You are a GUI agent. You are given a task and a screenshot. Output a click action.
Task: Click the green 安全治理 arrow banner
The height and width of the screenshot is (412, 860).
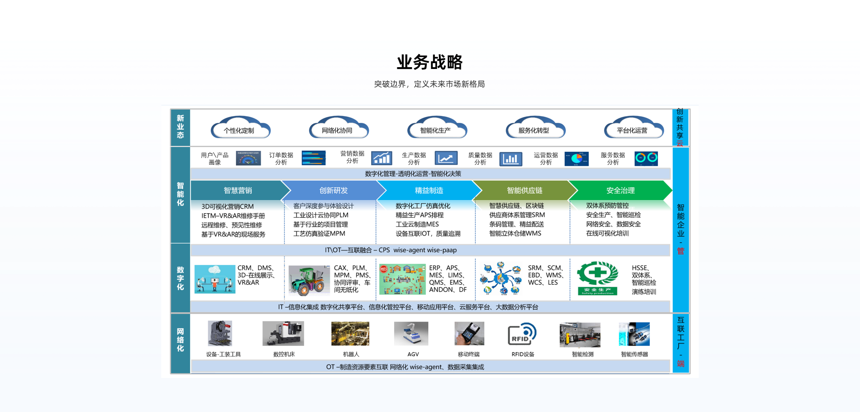(620, 190)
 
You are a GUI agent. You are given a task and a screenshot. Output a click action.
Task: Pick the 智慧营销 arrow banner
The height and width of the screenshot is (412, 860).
(238, 190)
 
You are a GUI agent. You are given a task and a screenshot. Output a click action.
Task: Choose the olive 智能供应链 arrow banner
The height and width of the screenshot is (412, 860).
(524, 190)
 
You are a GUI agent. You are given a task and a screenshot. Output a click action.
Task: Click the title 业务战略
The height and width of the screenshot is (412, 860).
(430, 62)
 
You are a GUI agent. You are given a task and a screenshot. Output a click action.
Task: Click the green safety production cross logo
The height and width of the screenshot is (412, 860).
(598, 278)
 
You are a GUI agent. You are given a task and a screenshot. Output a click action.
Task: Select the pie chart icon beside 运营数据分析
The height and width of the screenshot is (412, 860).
(576, 159)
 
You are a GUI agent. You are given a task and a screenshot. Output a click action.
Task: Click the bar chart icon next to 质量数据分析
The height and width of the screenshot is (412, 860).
(511, 159)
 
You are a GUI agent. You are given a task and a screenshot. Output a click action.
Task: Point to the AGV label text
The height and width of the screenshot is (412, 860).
(413, 354)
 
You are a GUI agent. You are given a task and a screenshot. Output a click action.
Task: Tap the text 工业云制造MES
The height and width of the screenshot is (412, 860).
(417, 224)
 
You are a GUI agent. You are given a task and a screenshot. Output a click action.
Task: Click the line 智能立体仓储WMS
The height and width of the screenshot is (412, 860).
(515, 233)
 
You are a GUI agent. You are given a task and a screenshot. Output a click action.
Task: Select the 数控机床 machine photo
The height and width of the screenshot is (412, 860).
(283, 334)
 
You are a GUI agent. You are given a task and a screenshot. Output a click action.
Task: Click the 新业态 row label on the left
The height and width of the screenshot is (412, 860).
(180, 127)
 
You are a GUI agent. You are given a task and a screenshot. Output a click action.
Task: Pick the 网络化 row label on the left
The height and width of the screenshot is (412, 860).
(180, 340)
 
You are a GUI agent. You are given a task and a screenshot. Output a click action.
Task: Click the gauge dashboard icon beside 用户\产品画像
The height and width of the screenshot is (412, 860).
(248, 159)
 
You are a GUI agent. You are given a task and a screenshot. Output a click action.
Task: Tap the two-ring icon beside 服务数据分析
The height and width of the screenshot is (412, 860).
(646, 159)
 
